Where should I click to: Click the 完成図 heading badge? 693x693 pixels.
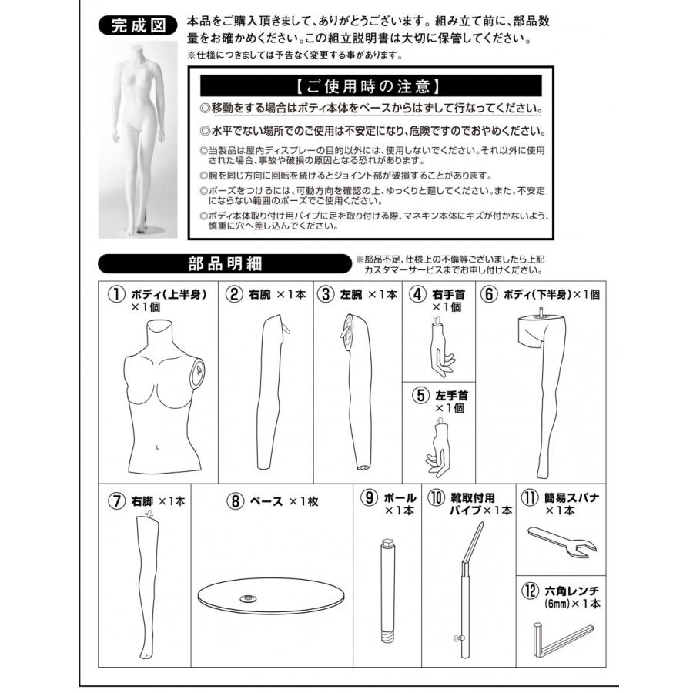[x=138, y=25]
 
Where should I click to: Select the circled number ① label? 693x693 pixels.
[x=116, y=293]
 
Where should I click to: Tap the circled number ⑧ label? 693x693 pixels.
[x=236, y=500]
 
